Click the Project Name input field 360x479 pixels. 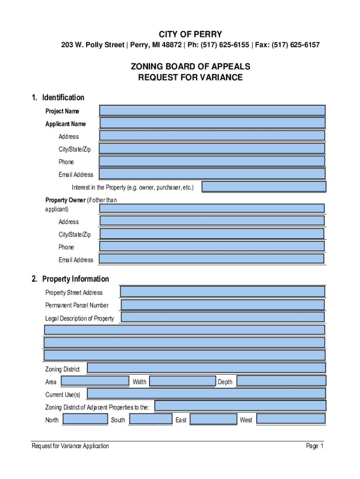[x=212, y=110]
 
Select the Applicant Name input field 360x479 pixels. [x=212, y=123]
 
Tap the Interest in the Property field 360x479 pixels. [x=264, y=187]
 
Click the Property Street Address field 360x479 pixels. [x=222, y=292]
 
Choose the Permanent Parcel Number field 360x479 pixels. [x=223, y=305]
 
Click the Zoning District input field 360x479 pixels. [x=206, y=368]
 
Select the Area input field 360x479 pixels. [x=95, y=381]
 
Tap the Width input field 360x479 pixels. [x=182, y=381]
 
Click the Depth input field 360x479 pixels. [x=281, y=381]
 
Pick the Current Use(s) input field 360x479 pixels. [x=206, y=393]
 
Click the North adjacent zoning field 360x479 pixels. [x=85, y=419]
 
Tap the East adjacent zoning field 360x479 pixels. [x=213, y=419]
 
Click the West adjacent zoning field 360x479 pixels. [x=291, y=419]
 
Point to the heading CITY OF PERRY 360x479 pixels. [x=190, y=35]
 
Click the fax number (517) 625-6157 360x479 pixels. [x=296, y=45]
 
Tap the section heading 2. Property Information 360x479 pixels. [x=70, y=279]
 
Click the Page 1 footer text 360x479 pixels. [x=315, y=446]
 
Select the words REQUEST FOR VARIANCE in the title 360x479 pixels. [x=190, y=78]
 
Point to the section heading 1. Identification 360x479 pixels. [x=58, y=98]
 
